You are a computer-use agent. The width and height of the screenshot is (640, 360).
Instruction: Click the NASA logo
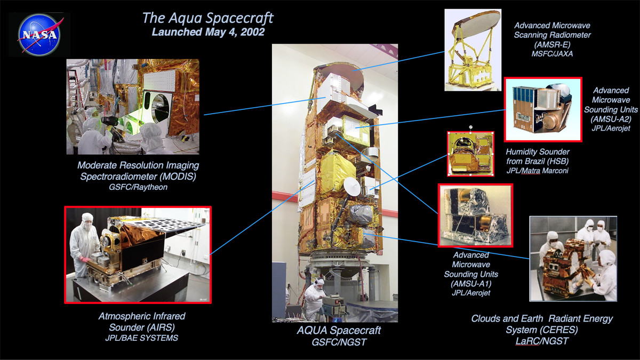click(x=39, y=34)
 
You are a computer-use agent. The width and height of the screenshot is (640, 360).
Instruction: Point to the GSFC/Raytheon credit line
click(x=138, y=187)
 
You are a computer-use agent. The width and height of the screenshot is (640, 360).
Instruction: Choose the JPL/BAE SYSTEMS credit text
click(x=141, y=338)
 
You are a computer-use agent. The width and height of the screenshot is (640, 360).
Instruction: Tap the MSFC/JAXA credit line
click(x=552, y=54)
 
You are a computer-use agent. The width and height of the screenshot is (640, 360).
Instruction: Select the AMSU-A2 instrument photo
click(x=543, y=109)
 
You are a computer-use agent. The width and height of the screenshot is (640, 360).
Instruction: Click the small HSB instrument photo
click(x=470, y=154)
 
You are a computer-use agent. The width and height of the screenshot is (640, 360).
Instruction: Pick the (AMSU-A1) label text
click(x=471, y=284)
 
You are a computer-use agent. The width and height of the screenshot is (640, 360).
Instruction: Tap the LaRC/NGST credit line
click(x=542, y=341)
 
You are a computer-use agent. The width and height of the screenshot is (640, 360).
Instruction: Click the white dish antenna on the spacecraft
click(x=352, y=186)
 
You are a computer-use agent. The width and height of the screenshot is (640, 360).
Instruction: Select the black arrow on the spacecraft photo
click(x=375, y=110)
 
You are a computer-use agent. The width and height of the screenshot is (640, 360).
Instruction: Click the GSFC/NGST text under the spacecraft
click(x=339, y=342)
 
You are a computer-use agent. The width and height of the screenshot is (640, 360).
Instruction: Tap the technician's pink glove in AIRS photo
click(x=85, y=259)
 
